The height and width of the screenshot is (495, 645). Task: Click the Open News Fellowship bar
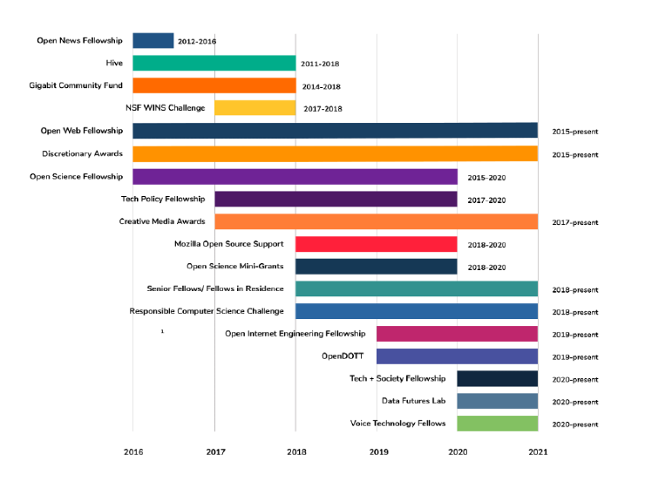coord(153,41)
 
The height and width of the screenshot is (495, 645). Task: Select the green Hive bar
coord(214,64)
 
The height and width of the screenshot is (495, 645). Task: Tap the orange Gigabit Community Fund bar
coord(214,85)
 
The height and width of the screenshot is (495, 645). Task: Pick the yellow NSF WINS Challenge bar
coord(255,108)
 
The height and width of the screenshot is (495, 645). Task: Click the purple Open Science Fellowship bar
coord(295,177)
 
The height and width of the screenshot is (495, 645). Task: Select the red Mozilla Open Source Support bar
coord(376,244)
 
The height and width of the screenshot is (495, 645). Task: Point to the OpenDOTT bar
coord(457,356)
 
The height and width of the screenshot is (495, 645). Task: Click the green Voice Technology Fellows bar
coord(497,424)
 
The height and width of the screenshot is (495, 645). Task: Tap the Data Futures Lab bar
coord(497,401)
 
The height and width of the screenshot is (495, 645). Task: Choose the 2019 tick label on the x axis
coord(378,451)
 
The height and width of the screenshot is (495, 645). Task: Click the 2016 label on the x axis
coord(133,451)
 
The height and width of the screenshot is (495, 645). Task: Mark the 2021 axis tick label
coord(540,451)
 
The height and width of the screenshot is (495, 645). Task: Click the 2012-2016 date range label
coord(196,42)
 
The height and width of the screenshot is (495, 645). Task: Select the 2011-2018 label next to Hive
coord(320,64)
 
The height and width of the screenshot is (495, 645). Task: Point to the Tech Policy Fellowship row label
coord(163,200)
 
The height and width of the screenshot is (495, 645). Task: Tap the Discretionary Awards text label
coord(82,154)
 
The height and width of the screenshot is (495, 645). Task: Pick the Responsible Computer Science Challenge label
coord(207,311)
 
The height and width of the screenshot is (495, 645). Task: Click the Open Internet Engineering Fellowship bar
coord(457,334)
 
